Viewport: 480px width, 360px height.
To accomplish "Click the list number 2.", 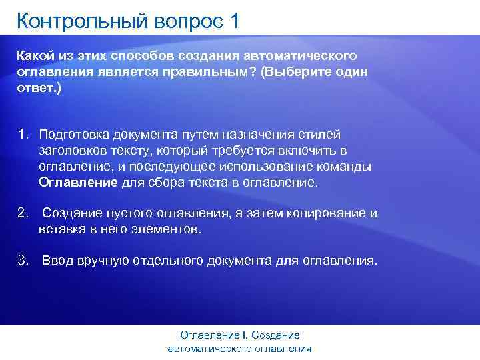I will [x=22, y=214].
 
